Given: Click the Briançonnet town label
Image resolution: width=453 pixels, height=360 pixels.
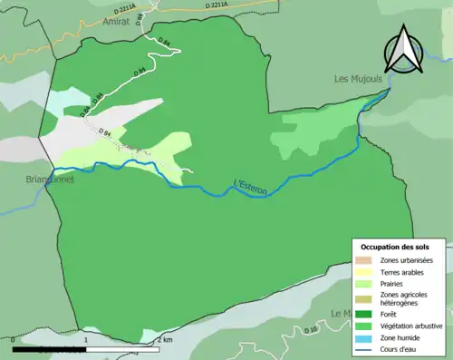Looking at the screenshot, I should click(x=26, y=180).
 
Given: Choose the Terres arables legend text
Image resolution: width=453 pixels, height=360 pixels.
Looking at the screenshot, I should click(x=405, y=272).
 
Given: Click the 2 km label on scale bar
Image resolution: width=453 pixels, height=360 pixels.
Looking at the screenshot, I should click(x=164, y=339).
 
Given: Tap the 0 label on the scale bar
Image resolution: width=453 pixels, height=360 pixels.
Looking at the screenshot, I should click(x=14, y=339).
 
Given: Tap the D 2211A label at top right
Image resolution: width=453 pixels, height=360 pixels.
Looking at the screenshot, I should click(x=221, y=5).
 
